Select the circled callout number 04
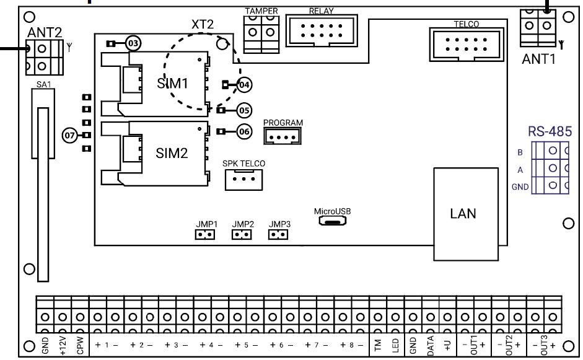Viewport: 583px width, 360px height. (245, 84)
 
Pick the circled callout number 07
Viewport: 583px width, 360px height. (71, 135)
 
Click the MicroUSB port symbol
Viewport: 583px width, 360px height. (333, 221)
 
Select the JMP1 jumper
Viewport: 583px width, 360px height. (204, 235)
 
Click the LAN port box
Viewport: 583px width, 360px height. (463, 214)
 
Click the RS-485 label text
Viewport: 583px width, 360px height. (549, 131)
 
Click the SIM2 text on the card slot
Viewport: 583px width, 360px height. (172, 154)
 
